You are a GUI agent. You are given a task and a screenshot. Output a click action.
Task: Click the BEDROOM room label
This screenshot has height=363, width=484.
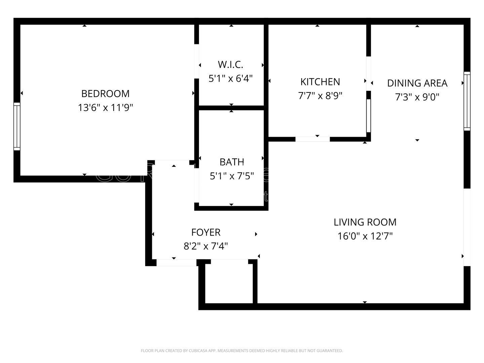point(105,93)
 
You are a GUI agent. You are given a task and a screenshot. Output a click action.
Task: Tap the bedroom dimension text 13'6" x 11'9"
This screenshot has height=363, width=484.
point(105,108)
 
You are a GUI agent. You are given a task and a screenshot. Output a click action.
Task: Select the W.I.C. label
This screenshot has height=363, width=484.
point(230,64)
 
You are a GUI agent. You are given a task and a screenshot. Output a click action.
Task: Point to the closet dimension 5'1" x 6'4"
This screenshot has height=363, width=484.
point(230,79)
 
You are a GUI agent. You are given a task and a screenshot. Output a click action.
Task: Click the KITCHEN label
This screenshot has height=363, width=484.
point(320,82)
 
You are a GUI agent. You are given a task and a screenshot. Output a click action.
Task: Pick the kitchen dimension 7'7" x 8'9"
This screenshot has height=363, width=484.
point(320,96)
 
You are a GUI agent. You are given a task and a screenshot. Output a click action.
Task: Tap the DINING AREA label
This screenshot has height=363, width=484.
point(417,83)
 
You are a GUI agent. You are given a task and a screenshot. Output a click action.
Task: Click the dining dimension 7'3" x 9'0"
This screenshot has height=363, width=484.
point(417,97)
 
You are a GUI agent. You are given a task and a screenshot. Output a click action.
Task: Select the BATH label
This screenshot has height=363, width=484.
point(232,162)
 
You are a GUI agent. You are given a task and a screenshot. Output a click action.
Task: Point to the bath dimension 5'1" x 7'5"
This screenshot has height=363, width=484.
point(232,176)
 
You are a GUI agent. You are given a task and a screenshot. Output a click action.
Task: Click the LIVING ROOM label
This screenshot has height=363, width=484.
point(365,222)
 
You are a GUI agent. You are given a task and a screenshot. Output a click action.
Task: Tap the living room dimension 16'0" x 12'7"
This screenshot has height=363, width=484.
point(365,236)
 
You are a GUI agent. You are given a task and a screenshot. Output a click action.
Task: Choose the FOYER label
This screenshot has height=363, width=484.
point(206,232)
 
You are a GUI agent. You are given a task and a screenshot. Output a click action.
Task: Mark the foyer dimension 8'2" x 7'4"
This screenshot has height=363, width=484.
point(206,247)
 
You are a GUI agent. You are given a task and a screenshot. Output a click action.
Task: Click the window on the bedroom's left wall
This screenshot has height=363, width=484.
point(17,126)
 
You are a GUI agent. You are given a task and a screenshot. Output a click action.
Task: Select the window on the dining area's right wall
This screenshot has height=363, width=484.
point(467,101)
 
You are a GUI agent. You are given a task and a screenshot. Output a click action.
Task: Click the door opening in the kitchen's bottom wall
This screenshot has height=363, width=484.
point(313,139)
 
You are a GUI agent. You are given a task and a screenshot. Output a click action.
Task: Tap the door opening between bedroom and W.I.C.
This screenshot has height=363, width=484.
point(197,61)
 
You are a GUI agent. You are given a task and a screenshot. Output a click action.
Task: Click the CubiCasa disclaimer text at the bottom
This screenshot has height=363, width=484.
point(242,351)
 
